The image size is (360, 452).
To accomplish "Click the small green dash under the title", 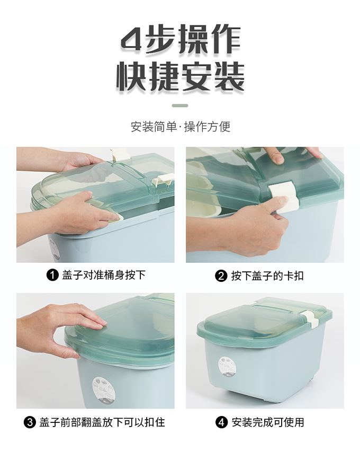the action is (x=180, y=105).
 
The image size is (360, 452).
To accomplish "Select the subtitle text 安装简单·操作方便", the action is (x=181, y=127).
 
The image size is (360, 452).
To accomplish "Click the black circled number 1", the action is (x=52, y=276).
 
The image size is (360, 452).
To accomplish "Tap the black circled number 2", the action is (x=221, y=276).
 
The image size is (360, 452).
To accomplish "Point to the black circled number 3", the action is (x=30, y=422).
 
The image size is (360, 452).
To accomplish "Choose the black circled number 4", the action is (x=221, y=422).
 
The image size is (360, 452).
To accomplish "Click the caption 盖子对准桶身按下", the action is (x=104, y=275).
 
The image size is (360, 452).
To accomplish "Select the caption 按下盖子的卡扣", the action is (x=267, y=276).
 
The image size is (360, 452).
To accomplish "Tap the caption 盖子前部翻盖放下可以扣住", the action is (x=102, y=422).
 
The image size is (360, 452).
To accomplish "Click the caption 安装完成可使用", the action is (x=268, y=422).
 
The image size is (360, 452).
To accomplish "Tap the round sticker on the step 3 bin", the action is (x=104, y=389).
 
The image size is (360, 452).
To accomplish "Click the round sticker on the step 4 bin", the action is (x=227, y=367).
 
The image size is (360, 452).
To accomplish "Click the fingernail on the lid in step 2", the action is (x=278, y=159).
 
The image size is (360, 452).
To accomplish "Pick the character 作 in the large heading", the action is (x=226, y=40).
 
